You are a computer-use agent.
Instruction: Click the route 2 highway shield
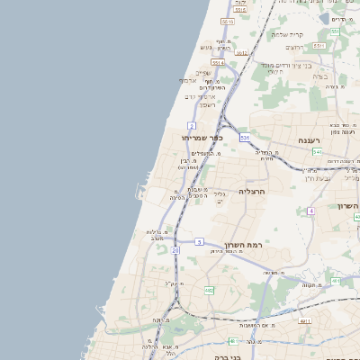(x=192, y=125)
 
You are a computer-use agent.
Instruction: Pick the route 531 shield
(x=245, y=137)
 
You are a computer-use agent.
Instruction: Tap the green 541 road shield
(x=318, y=152)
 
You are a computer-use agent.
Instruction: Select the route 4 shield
(x=310, y=211)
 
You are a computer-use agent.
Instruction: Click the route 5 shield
(x=199, y=241)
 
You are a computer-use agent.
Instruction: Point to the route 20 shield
(x=175, y=250)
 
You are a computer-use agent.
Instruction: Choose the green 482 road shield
(x=209, y=290)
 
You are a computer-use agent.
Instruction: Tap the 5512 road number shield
(x=241, y=52)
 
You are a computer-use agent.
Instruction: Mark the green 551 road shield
(x=334, y=32)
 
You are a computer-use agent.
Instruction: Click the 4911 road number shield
(x=305, y=319)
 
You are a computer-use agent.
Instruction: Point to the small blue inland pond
(x=325, y=17)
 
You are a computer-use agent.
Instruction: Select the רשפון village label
(x=208, y=104)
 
